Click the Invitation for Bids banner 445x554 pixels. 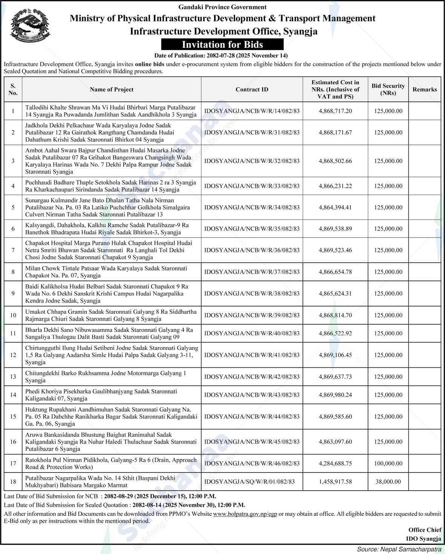coord(222,45)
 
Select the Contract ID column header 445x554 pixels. coord(252,89)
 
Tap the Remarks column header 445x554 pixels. coord(424,89)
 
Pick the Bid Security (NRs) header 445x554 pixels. coord(388,89)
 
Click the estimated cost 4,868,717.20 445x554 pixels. coord(335,111)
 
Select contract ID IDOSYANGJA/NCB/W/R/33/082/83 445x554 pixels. coord(252,186)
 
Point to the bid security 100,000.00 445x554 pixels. coord(388,463)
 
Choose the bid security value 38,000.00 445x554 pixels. coord(388,482)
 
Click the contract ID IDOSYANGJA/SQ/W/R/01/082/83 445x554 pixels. coord(249,482)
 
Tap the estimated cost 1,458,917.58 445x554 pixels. coord(335,482)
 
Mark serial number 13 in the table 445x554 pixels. coord(13,377)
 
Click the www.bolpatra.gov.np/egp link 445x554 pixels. coord(245,514)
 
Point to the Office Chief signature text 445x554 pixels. coord(425,530)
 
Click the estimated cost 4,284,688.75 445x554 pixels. coord(335,463)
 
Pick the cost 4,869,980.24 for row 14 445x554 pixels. coord(335,395)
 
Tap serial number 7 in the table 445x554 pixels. coord(13,250)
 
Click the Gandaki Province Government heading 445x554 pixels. coord(222,7)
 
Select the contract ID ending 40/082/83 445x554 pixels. coord(252,333)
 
